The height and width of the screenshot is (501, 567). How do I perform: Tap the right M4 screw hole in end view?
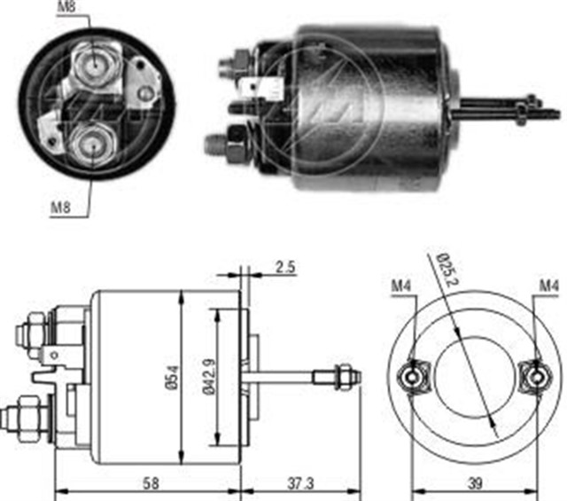pos(537,377)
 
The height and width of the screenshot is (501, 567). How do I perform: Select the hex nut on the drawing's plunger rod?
pos(339,377)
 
